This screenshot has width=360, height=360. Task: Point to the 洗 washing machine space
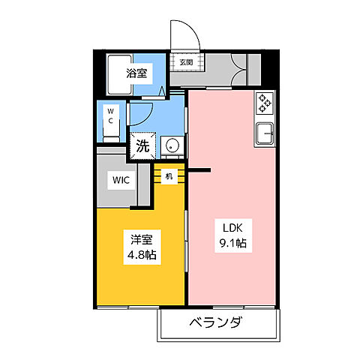(142, 145)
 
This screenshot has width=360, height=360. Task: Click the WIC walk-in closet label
(123, 180)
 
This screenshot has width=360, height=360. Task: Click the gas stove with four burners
(265, 103)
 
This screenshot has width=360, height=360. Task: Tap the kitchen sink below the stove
(265, 135)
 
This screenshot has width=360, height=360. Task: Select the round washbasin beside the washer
(172, 145)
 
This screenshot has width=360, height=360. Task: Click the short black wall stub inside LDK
(198, 171)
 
